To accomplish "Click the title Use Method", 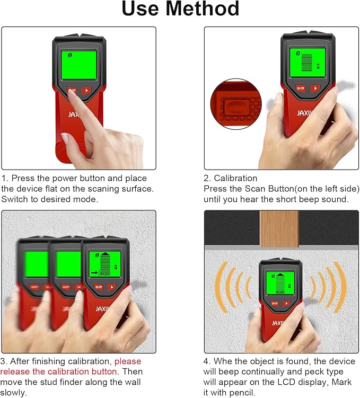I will [180, 10].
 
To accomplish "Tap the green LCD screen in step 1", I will [78, 65].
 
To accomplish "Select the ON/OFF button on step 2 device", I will [301, 89].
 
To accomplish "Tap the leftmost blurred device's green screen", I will [37, 264].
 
